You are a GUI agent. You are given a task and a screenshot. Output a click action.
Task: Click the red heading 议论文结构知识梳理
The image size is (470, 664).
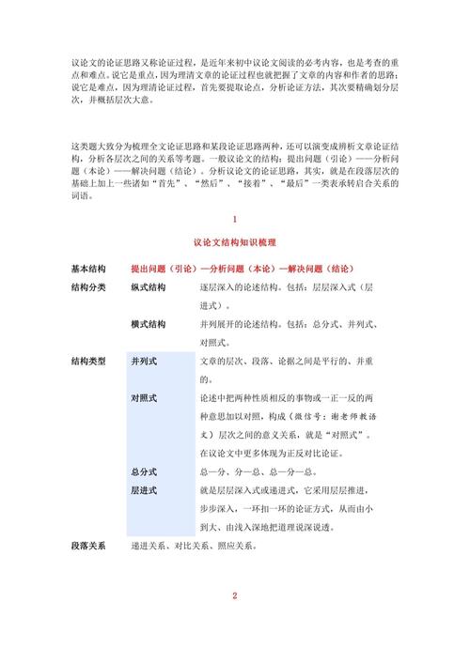234,242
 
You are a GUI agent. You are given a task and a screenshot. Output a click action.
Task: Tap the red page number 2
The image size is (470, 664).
234,595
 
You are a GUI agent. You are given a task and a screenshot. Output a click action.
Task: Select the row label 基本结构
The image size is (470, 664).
88,267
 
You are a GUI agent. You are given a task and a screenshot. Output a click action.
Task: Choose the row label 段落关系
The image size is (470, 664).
88,546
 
